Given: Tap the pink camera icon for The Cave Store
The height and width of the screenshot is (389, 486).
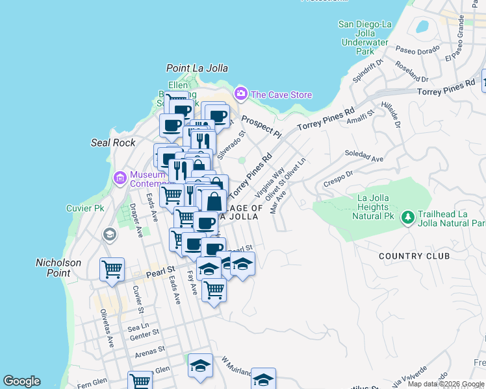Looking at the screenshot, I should click(x=241, y=94).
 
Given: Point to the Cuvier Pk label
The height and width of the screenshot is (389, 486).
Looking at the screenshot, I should click(x=85, y=209).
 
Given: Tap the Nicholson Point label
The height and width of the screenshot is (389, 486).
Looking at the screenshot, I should click(x=58, y=268).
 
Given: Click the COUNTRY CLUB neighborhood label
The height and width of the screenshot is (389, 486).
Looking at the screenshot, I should click(x=415, y=256).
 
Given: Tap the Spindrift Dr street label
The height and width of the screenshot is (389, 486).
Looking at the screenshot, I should click(x=368, y=71).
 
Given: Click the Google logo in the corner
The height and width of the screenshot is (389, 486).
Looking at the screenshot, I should click(x=21, y=381).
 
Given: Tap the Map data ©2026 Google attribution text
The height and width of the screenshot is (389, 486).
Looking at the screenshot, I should click(x=446, y=384).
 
